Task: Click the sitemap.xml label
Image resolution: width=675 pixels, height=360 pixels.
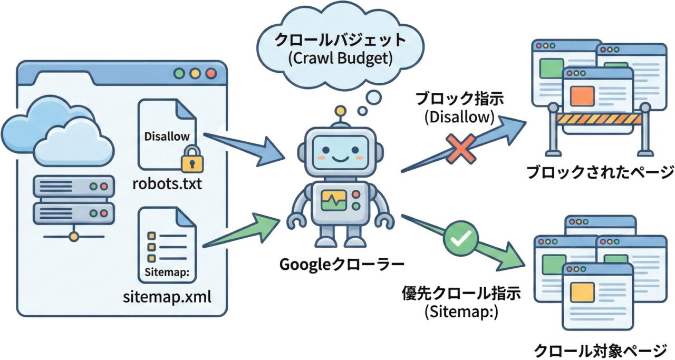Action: click(167, 296)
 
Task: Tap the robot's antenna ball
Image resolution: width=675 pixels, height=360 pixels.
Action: click(341, 112)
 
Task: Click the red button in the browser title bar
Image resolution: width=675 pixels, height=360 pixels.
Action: click(210, 73)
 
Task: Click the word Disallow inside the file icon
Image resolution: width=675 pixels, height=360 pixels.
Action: click(167, 137)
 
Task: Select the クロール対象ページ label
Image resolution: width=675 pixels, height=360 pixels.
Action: click(600, 349)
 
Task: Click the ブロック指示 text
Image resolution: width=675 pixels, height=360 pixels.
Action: click(459, 99)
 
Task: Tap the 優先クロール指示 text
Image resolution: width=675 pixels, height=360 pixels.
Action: click(461, 293)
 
